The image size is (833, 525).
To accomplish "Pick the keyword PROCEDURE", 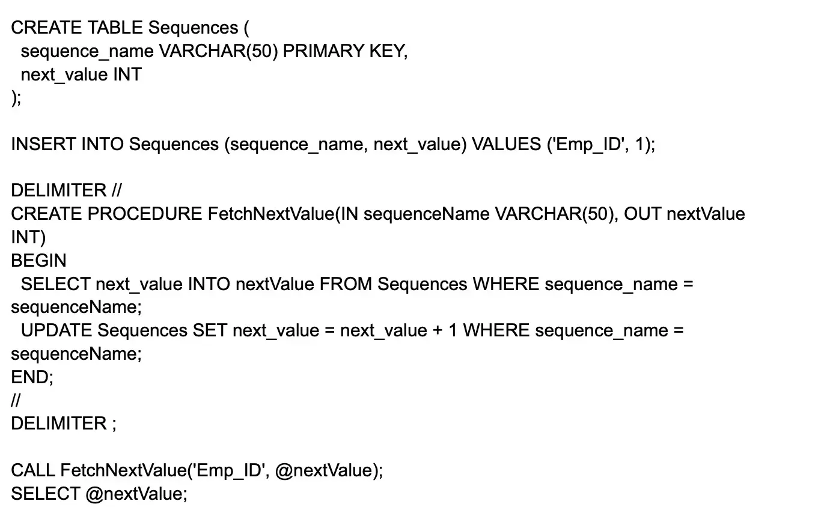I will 145,214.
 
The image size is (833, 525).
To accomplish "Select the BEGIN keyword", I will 38,261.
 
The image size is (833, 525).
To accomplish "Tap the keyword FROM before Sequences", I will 346,284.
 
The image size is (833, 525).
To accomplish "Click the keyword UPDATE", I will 56,330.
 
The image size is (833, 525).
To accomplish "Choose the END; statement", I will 32,377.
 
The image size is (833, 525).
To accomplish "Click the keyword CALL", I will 33,470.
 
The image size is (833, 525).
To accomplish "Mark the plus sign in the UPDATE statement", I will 438,330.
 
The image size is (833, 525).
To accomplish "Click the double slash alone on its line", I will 16,400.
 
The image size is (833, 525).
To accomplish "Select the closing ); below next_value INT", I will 16,97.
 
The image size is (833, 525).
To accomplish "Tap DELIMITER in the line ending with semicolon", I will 58,423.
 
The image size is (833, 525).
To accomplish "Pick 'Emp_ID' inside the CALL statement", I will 228,470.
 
